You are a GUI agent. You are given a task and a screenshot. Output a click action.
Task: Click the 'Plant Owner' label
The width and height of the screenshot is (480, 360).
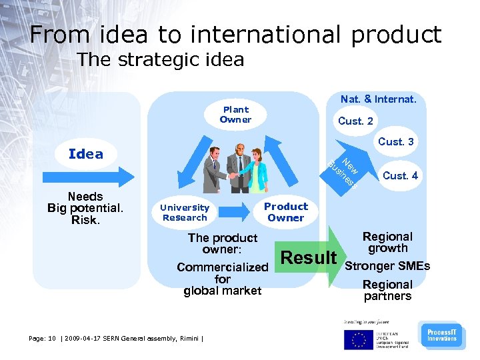tap(235, 115)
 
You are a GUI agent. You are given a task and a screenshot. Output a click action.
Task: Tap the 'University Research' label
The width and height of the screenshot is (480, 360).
tap(185, 212)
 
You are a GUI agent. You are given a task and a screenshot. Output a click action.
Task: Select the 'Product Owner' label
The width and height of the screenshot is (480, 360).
tap(285, 212)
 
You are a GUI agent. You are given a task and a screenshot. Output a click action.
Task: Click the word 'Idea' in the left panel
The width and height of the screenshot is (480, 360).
tap(86, 154)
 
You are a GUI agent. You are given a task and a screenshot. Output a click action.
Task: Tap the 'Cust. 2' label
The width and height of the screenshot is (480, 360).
tap(356, 121)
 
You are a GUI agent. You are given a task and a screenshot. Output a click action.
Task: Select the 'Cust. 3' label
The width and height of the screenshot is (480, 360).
tap(396, 141)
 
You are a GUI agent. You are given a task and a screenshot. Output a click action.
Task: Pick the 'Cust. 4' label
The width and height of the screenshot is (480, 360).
tap(401, 176)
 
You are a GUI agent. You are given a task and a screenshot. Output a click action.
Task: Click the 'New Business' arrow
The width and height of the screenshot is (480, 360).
tap(343, 167)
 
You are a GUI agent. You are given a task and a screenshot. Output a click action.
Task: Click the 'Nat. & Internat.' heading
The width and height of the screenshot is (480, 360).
tap(378, 99)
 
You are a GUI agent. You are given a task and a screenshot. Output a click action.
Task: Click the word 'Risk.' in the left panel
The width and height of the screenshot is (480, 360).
tap(85, 220)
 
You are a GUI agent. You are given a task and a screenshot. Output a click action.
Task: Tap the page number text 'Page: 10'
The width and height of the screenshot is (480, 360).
tap(43, 338)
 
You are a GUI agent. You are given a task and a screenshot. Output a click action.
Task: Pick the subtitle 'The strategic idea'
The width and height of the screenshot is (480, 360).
tap(160, 60)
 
